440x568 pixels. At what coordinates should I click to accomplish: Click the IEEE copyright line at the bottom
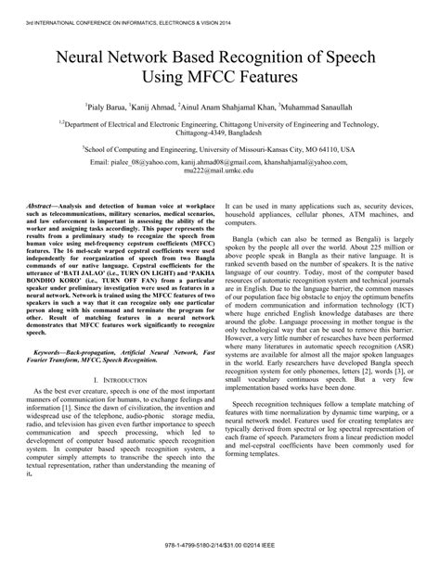click(x=219, y=557)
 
